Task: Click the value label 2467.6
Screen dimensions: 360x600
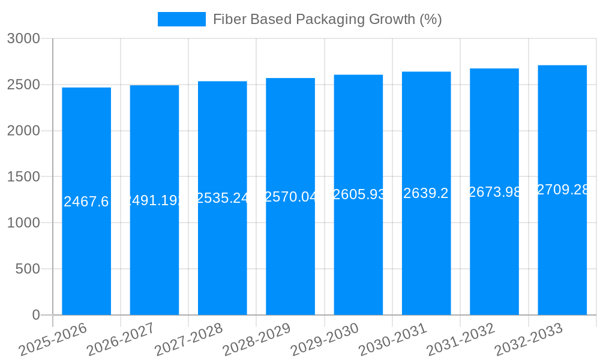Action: click(86, 202)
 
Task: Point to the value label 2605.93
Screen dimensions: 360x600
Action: click(358, 194)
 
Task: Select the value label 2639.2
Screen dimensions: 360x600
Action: click(426, 193)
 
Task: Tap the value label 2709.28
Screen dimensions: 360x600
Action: click(562, 190)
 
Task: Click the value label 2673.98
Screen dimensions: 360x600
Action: click(494, 192)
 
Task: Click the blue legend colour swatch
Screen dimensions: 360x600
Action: click(181, 19)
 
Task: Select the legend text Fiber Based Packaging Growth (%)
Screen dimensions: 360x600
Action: click(327, 19)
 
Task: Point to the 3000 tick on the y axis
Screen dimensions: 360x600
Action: click(23, 39)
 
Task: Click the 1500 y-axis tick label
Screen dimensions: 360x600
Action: click(23, 177)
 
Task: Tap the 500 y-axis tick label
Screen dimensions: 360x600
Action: click(28, 269)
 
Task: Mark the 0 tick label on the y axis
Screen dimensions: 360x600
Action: click(36, 315)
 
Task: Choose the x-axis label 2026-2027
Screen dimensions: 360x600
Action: click(121, 340)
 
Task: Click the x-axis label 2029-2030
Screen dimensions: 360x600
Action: click(325, 340)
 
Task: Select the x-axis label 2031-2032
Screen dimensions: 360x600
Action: click(461, 340)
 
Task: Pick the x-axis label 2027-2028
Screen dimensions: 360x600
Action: click(188, 340)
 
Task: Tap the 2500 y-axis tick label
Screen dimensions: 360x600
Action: click(23, 85)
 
